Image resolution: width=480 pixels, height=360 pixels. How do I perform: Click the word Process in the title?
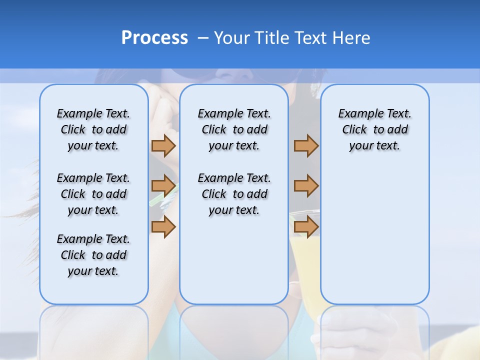coord(154,38)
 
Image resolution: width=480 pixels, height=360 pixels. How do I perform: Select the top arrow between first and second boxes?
coord(163,145)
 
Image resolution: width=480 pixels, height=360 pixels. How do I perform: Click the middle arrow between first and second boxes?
coord(163,186)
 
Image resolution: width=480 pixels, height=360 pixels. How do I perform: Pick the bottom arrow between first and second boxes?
coord(163,226)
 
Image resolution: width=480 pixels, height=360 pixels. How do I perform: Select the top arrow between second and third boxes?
coord(306,145)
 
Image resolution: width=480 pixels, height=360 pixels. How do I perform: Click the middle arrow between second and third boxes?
coord(306,186)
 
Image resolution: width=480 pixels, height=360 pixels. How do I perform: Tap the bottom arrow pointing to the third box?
coord(306,226)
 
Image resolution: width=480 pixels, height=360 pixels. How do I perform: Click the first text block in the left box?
coord(93,129)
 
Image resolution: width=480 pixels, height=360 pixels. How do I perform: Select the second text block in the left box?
coord(93,194)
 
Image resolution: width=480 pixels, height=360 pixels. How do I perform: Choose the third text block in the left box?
coord(93,255)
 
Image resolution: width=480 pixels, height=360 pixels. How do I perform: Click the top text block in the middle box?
coord(234,129)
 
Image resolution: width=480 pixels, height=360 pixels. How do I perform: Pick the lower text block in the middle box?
coord(234,194)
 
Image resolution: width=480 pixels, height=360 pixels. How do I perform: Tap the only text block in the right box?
coord(374,129)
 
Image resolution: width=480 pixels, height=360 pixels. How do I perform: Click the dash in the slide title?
coord(203,38)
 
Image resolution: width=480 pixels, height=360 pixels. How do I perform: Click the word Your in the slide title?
coord(231,38)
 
